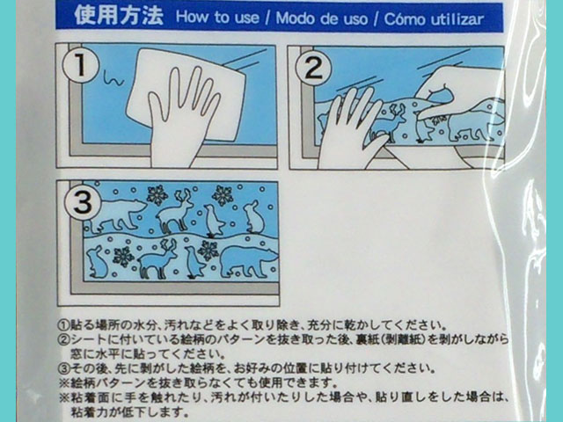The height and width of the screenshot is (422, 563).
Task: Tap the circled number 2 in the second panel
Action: coord(313,68)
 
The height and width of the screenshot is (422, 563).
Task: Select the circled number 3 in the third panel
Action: coord(82,202)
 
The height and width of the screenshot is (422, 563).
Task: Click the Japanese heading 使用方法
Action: coord(119,16)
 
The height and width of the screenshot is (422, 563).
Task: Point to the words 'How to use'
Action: coord(217,18)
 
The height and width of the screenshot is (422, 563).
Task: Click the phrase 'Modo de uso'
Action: coord(322,18)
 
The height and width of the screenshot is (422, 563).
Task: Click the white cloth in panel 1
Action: coord(186,93)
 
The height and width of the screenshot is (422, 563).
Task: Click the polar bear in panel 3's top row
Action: coord(117,215)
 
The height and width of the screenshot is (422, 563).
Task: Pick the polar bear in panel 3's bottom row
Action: coord(249,261)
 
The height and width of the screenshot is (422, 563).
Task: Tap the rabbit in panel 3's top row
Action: coord(254,217)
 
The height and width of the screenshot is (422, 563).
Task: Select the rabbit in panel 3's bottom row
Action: coord(96,262)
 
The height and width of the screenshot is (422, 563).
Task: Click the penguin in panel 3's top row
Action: coord(214,221)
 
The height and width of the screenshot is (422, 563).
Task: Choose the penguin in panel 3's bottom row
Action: coord(194,262)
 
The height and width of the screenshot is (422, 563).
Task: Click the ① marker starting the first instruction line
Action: coord(63,325)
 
